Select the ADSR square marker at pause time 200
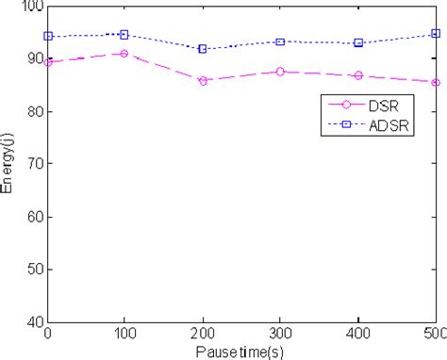(x=203, y=49)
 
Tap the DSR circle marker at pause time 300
(x=281, y=72)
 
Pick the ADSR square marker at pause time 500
(x=436, y=33)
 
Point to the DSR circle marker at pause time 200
(x=203, y=81)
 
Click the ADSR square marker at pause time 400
(x=358, y=42)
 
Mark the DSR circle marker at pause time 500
(x=436, y=83)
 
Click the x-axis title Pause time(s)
(x=242, y=352)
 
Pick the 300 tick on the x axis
(x=281, y=335)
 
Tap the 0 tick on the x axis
(x=48, y=335)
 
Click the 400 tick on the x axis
(x=358, y=335)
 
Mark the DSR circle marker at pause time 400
(x=358, y=75)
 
